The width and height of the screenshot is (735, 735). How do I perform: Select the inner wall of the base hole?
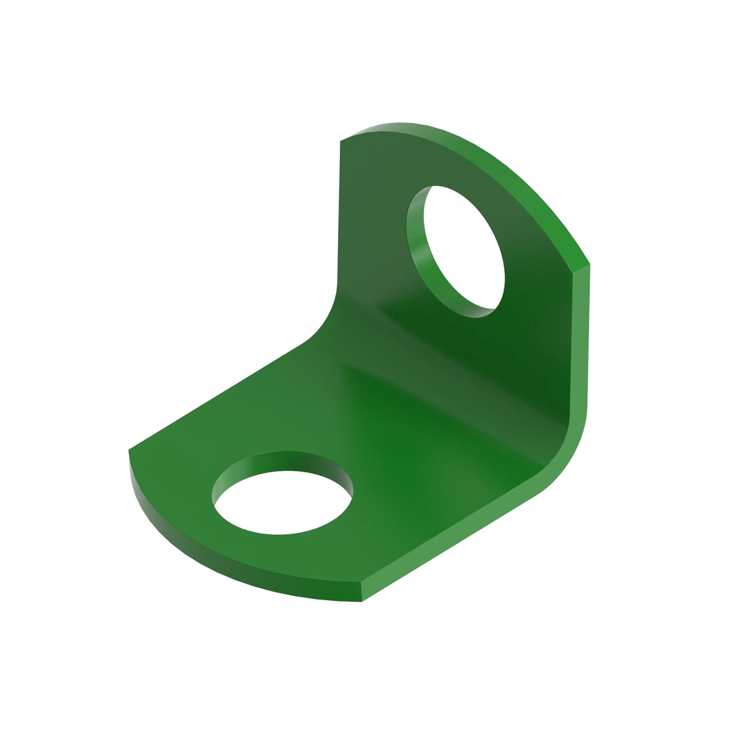pyautogui.click(x=282, y=462)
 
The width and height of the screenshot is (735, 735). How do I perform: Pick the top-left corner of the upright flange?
pyautogui.click(x=341, y=141)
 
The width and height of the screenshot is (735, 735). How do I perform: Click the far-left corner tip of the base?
pyautogui.click(x=129, y=451)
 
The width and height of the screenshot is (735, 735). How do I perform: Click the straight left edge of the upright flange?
pyautogui.click(x=339, y=214)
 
